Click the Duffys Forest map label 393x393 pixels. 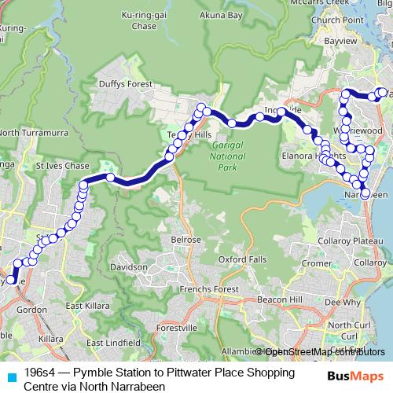pyautogui.click(x=119, y=83)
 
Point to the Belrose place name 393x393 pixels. pyautogui.click(x=186, y=239)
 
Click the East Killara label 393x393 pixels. pyautogui.click(x=84, y=306)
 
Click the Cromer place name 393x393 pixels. pyautogui.click(x=316, y=263)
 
